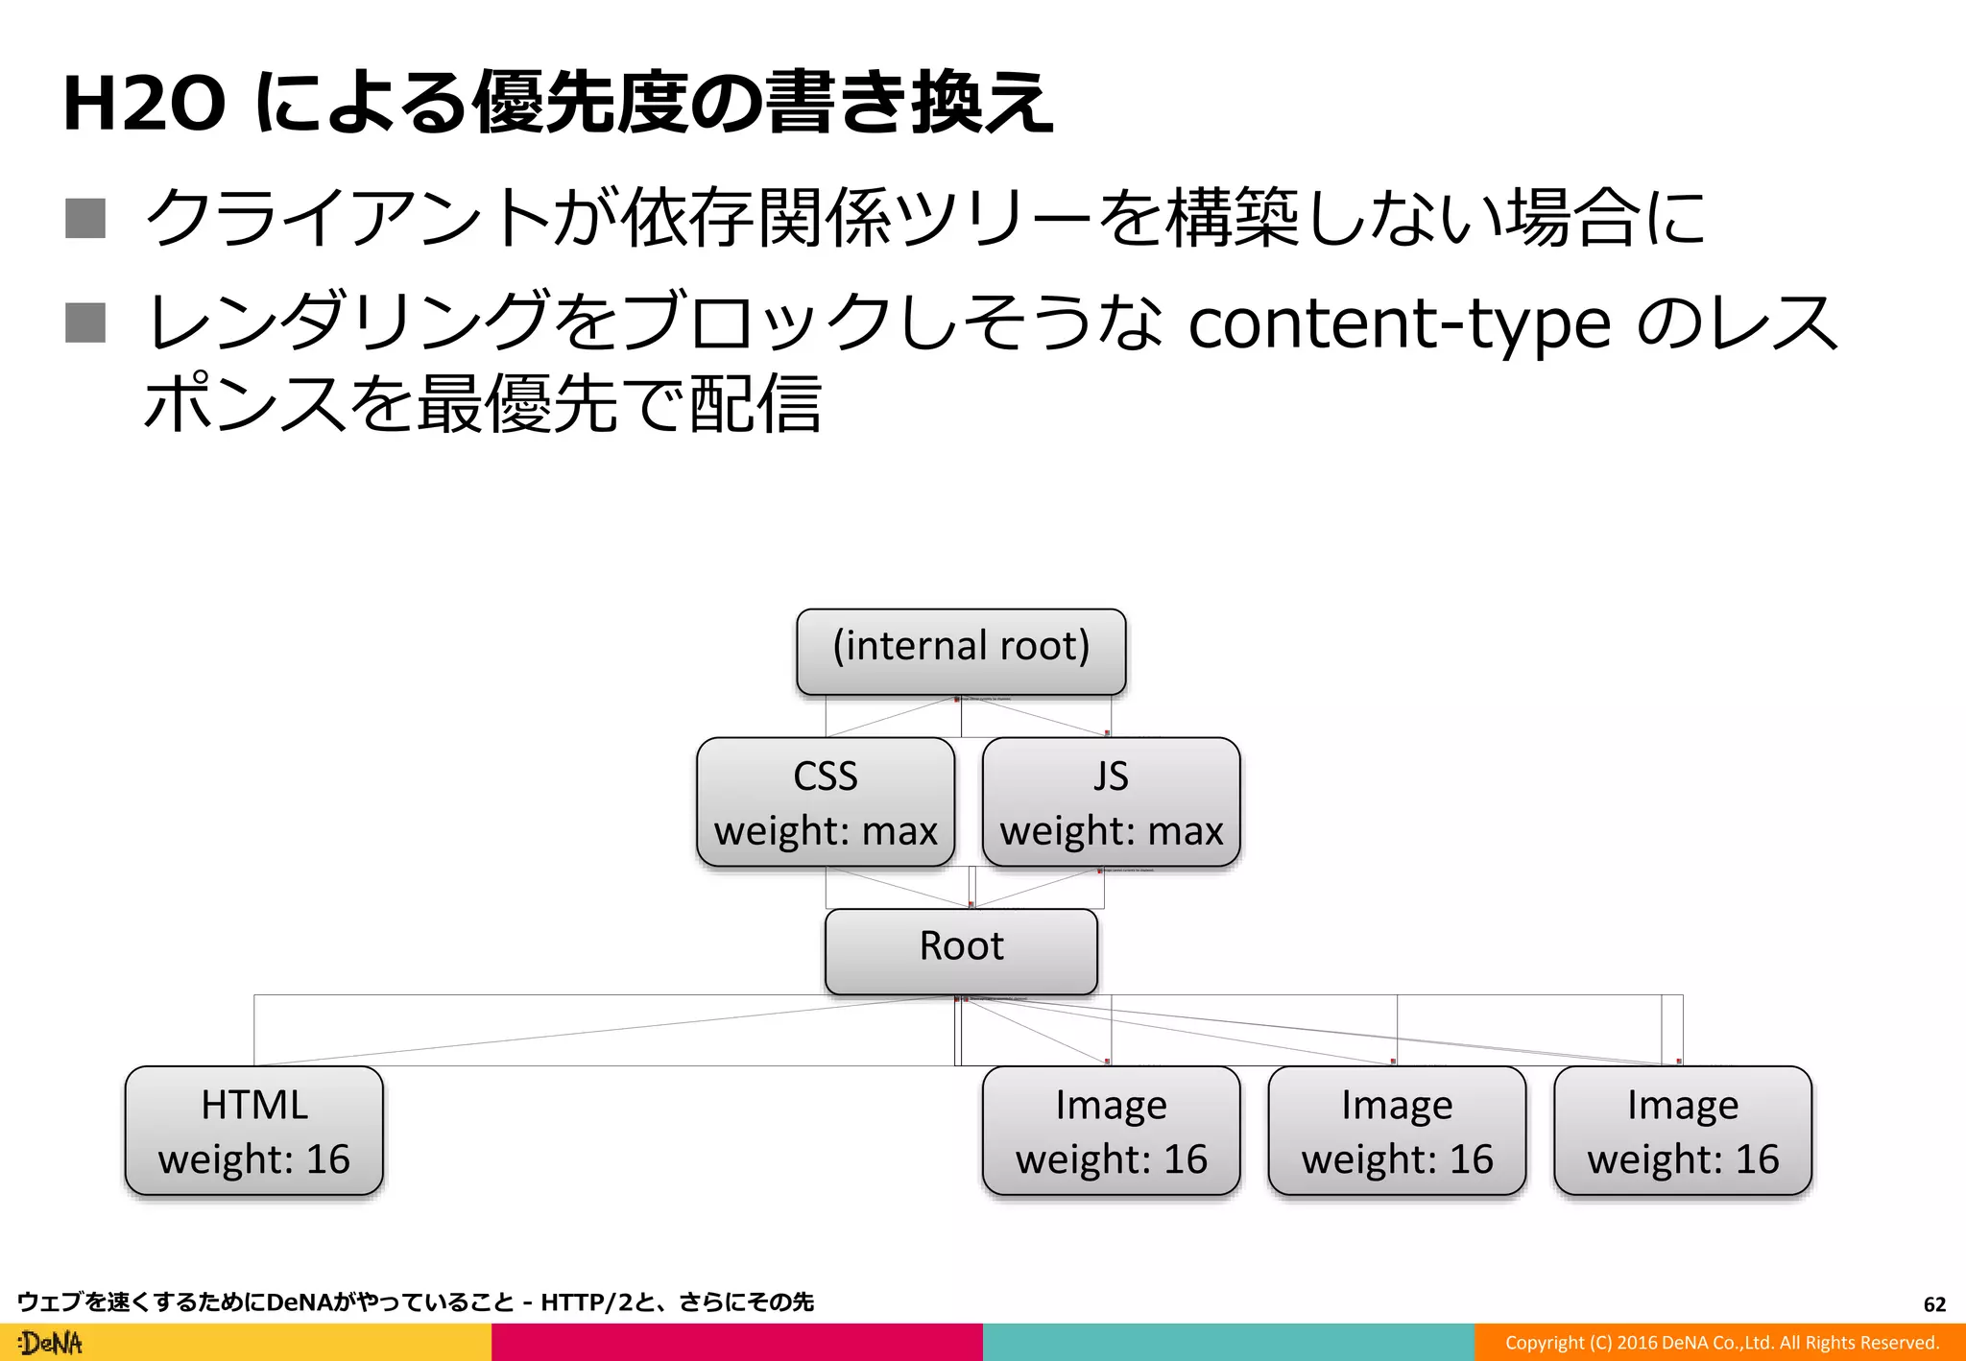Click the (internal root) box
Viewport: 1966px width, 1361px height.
coord(961,651)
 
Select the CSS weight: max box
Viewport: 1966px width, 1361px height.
coord(826,801)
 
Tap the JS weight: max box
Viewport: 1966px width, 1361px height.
coord(1111,801)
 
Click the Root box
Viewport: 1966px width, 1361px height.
coord(961,950)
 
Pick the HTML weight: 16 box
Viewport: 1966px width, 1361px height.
coord(254,1130)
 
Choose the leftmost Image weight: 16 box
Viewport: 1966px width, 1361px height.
coord(1111,1130)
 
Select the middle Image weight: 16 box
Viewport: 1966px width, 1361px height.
coord(1397,1130)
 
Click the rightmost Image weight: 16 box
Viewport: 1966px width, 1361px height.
coord(1683,1130)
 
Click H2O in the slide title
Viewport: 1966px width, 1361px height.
coord(144,104)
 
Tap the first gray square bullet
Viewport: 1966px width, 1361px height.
coord(85,218)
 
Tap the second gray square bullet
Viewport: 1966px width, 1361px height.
coord(85,322)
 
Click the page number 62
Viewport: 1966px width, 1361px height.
coord(1934,1304)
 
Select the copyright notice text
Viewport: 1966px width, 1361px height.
coord(1721,1343)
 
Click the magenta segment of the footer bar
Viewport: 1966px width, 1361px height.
coord(737,1343)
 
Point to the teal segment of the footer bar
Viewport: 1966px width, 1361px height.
coord(1229,1343)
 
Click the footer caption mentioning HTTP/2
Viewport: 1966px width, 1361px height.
coord(415,1302)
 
